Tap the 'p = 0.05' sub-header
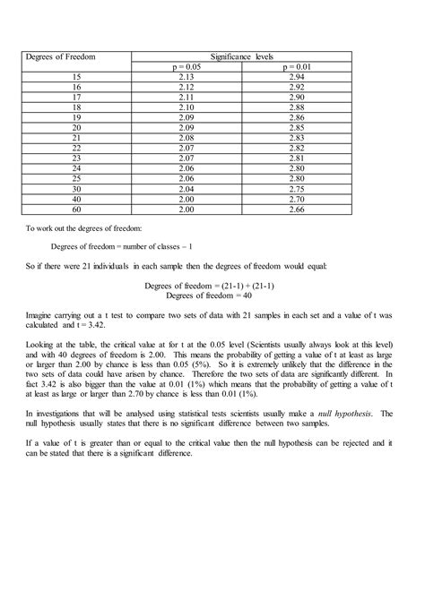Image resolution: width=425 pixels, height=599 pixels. pyautogui.click(x=187, y=67)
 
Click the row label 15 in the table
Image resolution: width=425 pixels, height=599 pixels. pyautogui.click(x=75, y=78)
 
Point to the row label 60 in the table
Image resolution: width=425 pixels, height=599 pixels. pyautogui.click(x=75, y=209)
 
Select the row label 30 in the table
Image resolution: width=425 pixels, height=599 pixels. pyautogui.click(x=75, y=189)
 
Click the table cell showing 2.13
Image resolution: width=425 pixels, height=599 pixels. pyautogui.click(x=187, y=78)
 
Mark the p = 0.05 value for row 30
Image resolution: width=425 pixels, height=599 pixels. pyautogui.click(x=187, y=189)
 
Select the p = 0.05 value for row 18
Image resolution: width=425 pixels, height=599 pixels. pyautogui.click(x=187, y=107)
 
